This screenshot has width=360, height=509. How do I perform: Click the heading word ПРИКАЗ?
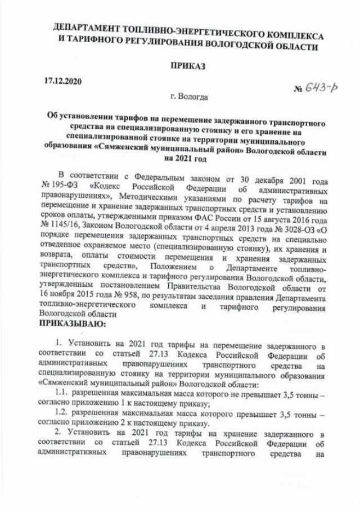[x=187, y=66]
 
